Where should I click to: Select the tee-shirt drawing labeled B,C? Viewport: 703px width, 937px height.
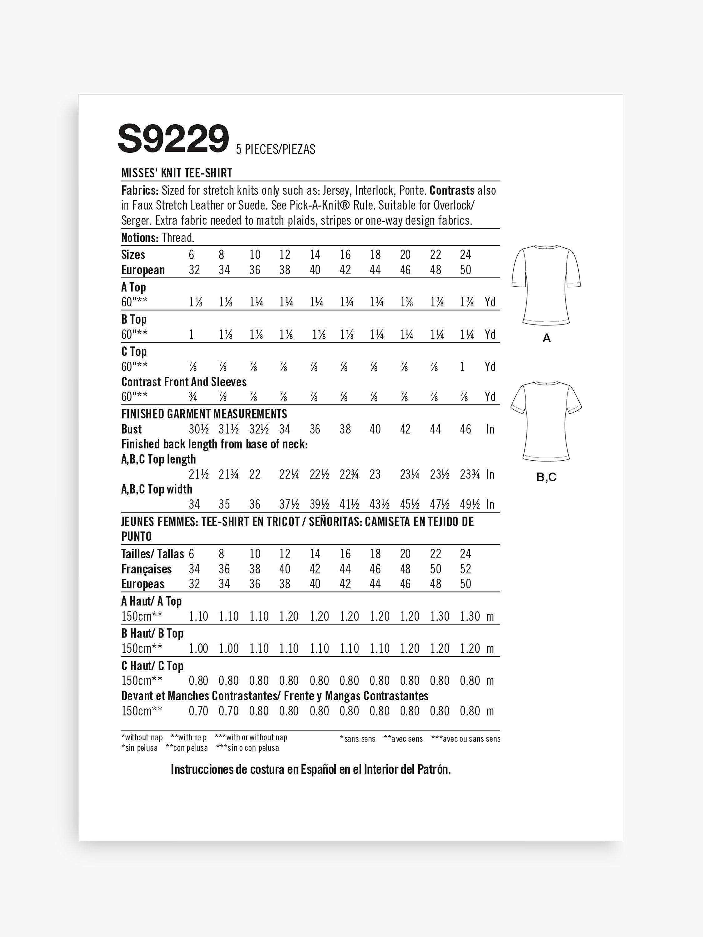point(546,421)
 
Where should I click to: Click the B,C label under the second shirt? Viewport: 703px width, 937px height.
point(546,477)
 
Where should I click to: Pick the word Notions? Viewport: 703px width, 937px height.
point(139,238)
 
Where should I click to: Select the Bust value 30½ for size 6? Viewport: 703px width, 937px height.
point(199,429)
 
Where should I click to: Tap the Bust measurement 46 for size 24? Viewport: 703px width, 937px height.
point(465,429)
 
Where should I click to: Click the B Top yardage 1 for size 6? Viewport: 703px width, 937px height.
point(192,334)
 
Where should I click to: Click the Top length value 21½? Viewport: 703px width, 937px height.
point(199,474)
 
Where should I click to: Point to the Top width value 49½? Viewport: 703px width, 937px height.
point(470,504)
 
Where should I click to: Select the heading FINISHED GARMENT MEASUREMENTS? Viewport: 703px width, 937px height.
point(204,414)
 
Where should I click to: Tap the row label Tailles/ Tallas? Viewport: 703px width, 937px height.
point(152,554)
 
